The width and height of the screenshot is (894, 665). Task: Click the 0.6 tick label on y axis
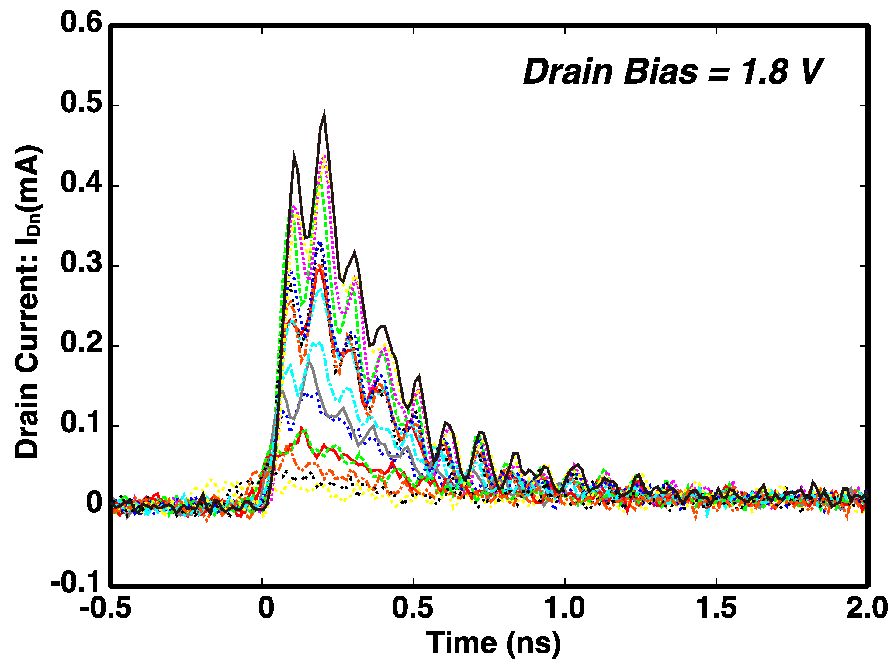coord(81,23)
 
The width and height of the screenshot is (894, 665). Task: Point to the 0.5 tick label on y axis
coord(81,103)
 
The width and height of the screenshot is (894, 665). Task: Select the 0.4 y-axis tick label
coord(81,183)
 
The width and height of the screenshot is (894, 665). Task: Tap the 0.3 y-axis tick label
coord(81,263)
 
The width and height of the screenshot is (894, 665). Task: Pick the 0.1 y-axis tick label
coord(81,424)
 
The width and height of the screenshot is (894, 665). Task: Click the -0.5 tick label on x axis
coord(106,608)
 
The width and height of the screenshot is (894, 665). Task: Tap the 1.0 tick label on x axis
coord(564,608)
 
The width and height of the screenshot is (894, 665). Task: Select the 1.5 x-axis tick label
coord(716,608)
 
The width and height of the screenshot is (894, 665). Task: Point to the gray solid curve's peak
coord(309,362)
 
